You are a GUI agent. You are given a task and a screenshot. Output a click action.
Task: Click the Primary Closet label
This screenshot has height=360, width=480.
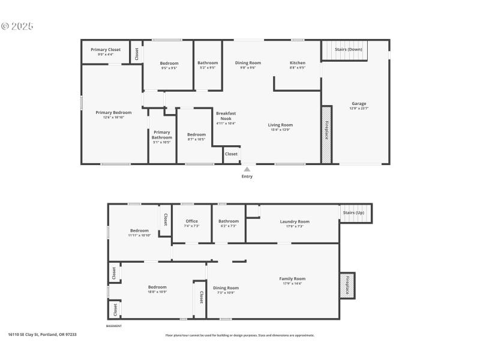point(106,50)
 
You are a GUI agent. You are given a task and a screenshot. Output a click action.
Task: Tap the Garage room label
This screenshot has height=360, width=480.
point(359,104)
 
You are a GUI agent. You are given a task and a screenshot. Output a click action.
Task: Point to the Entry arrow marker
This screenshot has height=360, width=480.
point(247,170)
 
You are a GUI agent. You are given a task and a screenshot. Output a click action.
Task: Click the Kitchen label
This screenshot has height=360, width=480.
point(298,63)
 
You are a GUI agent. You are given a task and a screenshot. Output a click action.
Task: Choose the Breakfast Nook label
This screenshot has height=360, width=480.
point(226,116)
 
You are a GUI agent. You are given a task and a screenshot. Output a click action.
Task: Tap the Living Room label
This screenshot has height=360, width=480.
point(280,125)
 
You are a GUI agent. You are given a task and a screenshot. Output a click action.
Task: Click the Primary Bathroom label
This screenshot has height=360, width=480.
point(161,135)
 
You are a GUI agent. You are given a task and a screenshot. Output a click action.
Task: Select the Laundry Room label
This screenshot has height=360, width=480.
point(295,221)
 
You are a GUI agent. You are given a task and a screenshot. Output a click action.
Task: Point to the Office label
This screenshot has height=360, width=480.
point(191,221)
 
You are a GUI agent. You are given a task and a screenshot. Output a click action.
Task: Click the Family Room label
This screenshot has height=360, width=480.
point(292,278)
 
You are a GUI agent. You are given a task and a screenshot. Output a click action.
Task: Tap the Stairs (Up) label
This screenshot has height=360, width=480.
point(353,213)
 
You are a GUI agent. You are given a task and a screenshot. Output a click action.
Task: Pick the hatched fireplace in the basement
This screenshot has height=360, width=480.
point(347,286)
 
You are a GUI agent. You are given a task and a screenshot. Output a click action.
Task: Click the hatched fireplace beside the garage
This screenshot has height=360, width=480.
point(327,135)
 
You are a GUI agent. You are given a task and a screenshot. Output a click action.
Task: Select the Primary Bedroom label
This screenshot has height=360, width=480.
point(113,113)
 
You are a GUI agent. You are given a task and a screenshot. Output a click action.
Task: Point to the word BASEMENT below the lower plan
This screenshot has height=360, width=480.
point(114,326)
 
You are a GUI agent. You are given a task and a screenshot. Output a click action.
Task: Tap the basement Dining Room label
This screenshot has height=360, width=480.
point(226,288)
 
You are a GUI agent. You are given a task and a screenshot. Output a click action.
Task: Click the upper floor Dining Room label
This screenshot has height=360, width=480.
point(248,63)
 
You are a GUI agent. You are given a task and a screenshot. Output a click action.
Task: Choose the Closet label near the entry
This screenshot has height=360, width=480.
point(232,154)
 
